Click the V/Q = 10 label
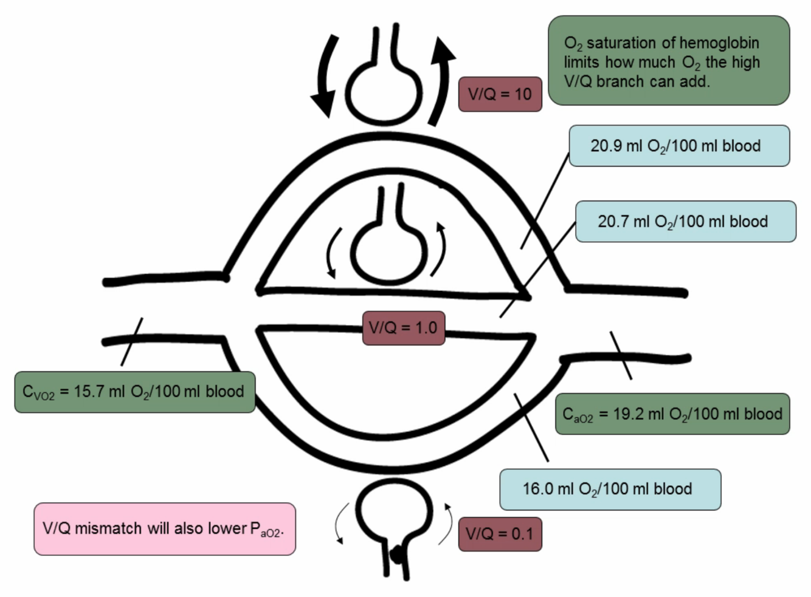[500, 94]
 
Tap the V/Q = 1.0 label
[403, 328]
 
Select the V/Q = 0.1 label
[500, 534]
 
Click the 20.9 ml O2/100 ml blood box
[679, 146]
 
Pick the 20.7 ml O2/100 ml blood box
[685, 222]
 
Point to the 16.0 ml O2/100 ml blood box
[610, 489]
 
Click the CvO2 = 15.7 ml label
[134, 392]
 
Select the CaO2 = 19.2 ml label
[672, 414]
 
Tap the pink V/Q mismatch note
[164, 528]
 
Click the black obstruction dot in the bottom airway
[396, 553]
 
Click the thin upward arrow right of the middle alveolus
[440, 249]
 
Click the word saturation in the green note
[621, 43]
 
